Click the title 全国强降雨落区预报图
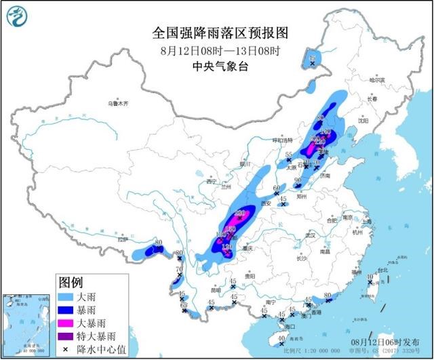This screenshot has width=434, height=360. [217, 33]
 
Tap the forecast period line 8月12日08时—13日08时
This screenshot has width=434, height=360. [217, 50]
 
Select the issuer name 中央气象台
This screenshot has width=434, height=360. [217, 66]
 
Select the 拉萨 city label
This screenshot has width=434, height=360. [121, 239]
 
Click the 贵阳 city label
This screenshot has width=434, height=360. [250, 275]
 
